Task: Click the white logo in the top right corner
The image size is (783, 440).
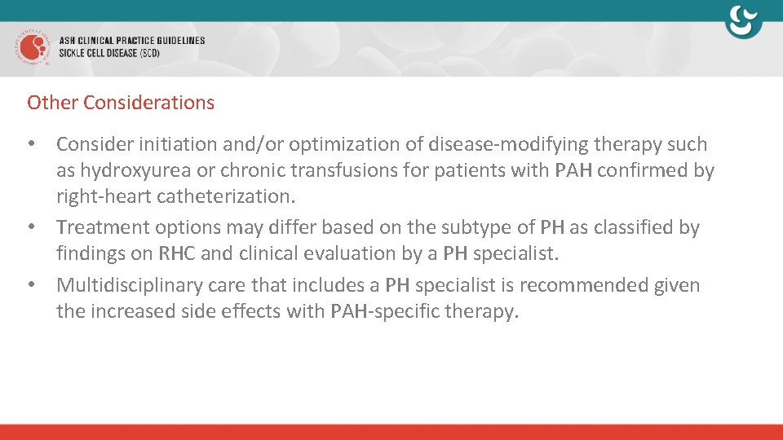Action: pyautogui.click(x=743, y=21)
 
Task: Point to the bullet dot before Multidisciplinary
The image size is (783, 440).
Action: pyautogui.click(x=32, y=284)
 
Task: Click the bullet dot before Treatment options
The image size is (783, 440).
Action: pyautogui.click(x=32, y=227)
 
